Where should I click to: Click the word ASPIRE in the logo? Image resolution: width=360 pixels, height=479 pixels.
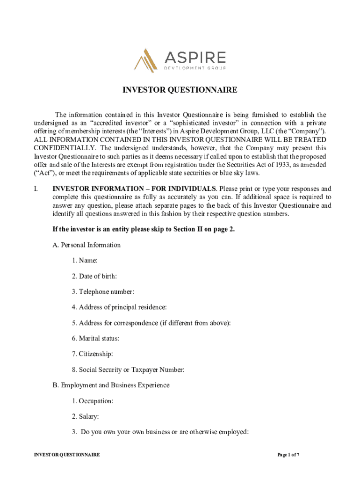pos(194,58)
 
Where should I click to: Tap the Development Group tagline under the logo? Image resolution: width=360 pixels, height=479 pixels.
pos(194,68)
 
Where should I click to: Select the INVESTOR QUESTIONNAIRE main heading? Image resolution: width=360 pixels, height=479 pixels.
pos(180,90)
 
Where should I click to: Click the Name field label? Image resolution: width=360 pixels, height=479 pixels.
pos(85,261)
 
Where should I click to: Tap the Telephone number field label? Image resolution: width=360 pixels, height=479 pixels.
pos(103,292)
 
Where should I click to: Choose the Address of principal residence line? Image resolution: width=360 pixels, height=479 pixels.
pos(119,307)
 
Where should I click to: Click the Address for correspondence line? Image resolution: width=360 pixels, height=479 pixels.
pos(151,323)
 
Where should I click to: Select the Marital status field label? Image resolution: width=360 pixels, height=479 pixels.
pos(95,338)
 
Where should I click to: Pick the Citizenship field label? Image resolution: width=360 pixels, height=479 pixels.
pos(93,354)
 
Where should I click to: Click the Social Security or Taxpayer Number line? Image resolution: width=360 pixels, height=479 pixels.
pos(128,370)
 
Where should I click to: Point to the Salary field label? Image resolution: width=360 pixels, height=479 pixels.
pos(85,416)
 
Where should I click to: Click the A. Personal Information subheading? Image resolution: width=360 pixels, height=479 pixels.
pos(86,245)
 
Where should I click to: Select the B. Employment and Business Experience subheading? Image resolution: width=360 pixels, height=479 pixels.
pos(111,385)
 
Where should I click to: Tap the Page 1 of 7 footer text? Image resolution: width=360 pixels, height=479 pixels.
pos(288,455)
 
